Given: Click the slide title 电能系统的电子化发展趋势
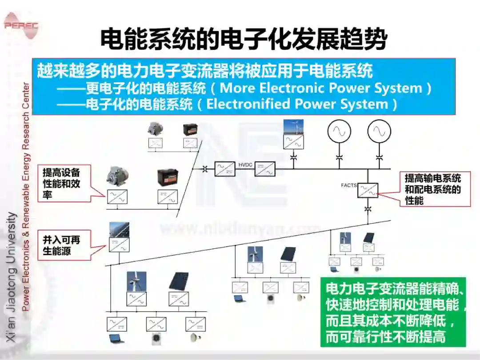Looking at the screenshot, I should [243, 40].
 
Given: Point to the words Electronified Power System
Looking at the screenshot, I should [297, 104].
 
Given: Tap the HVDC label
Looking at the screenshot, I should [245, 165].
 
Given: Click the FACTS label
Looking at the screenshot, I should [349, 185].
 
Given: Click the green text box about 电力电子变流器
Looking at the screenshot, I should [393, 313].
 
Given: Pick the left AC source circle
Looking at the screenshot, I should [339, 131].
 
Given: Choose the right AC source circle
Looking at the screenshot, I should [379, 131].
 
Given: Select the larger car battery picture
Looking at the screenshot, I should [168, 178].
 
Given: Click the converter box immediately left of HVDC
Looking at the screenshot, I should [225, 169].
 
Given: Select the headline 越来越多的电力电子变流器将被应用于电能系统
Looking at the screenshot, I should [204, 71].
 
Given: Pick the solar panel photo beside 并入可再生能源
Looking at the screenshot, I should [119, 230].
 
